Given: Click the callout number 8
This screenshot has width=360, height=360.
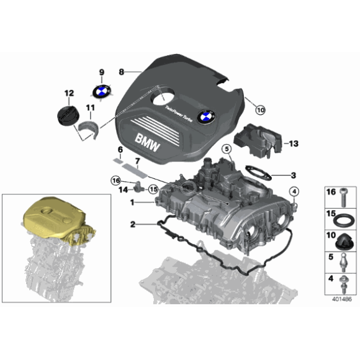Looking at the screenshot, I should click(122, 71).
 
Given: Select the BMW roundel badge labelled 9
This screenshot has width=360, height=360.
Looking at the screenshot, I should click(101, 91).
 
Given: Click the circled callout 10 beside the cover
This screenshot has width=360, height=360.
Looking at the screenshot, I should click(259, 110).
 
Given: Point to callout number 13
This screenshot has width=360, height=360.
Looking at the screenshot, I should click(294, 143).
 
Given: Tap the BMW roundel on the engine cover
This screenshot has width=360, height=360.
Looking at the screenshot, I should click(205, 116).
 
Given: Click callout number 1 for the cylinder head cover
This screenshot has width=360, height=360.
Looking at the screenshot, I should click(132, 202).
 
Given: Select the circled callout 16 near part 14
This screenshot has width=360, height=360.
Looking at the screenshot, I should click(115, 180).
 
